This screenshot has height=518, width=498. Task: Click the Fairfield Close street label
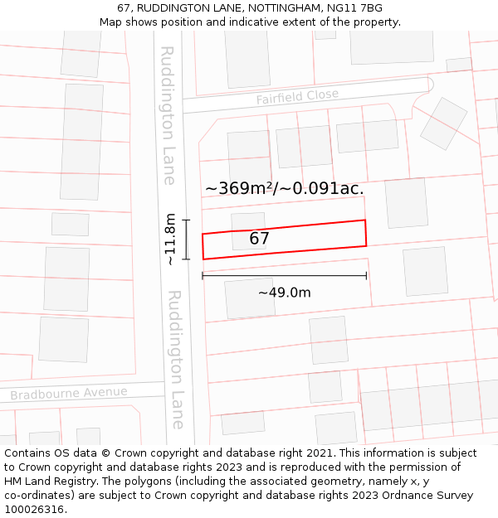pos(297,97)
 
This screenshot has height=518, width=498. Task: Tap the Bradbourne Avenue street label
pos(69,393)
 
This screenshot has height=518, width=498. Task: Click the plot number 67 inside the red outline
pos(260,239)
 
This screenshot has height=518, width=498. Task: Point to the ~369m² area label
pos(241,188)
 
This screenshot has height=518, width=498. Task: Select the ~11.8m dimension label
pos(170,239)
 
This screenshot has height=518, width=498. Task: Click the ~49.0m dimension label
pos(284,293)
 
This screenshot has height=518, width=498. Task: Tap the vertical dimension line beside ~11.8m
pos(186,240)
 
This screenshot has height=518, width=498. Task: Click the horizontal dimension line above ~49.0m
pos(284,276)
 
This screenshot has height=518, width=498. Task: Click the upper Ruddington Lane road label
pos(168,114)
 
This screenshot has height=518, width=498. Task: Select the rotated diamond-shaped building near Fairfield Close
pos(443,123)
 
